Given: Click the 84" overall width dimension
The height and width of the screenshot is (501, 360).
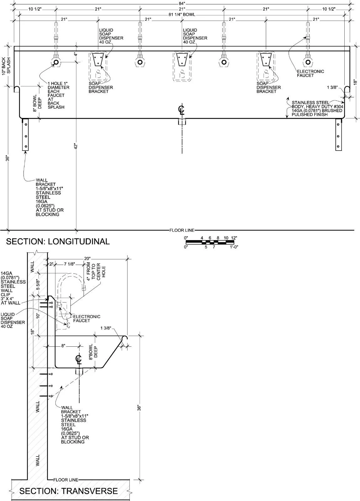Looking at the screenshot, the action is tap(182, 3).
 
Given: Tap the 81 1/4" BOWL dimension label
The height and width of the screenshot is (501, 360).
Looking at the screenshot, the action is tap(182, 14).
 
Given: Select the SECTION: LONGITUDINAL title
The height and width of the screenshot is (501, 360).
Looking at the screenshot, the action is tap(58, 241).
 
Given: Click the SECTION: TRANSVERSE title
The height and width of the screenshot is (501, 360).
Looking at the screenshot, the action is tap(69, 491).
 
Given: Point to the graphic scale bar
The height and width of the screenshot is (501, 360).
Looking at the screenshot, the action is tap(210, 242).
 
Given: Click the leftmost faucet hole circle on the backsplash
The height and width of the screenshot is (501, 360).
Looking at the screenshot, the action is tap(56, 62).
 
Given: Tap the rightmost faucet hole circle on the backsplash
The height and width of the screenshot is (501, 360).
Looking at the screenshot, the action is tap(308, 62).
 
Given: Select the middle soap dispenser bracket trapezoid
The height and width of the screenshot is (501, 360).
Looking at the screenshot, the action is tap(182, 59).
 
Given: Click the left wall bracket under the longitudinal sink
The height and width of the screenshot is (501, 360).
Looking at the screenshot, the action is tap(25, 135).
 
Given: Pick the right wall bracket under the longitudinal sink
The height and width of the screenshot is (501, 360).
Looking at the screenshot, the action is tap(338, 135).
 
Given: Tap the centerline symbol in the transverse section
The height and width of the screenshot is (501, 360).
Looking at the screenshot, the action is tap(79, 360).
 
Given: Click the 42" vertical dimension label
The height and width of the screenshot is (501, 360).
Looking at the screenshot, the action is tap(76, 146).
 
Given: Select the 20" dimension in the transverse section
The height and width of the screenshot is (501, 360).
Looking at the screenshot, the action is tap(87, 259).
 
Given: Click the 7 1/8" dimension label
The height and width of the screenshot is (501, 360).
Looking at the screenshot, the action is tap(69, 264).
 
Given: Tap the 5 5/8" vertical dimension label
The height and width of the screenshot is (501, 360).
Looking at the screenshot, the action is tap(38, 285).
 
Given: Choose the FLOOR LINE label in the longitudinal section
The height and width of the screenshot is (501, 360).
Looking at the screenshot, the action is tap(182, 230).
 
